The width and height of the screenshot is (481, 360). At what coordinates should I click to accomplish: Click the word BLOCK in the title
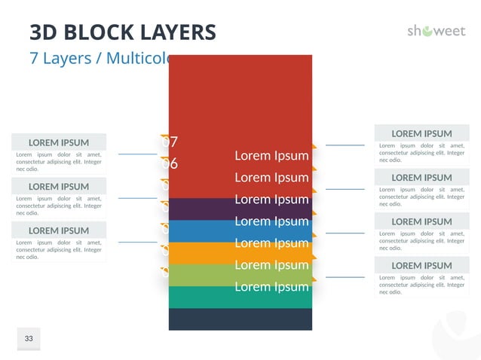pos(103,32)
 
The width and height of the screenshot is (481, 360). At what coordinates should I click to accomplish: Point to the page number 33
pos(29,339)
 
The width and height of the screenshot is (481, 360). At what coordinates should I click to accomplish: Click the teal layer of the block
pos(240,297)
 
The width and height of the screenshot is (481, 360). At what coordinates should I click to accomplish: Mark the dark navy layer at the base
pos(240,319)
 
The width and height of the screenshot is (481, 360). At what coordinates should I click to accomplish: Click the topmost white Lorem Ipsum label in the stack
pos(271,156)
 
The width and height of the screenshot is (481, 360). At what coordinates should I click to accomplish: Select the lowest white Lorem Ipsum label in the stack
pos(271,287)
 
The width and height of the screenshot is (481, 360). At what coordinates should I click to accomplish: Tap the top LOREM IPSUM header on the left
pos(58,142)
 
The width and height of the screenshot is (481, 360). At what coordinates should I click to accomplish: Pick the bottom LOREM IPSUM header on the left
pos(58,230)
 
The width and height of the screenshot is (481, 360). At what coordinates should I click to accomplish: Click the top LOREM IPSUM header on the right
pos(421,133)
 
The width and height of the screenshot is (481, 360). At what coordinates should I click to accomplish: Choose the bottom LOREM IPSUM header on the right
pos(421,265)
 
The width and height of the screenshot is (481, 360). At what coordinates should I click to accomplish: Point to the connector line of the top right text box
pos(345,145)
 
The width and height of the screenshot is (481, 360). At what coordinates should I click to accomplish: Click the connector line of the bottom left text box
pos(138,243)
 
